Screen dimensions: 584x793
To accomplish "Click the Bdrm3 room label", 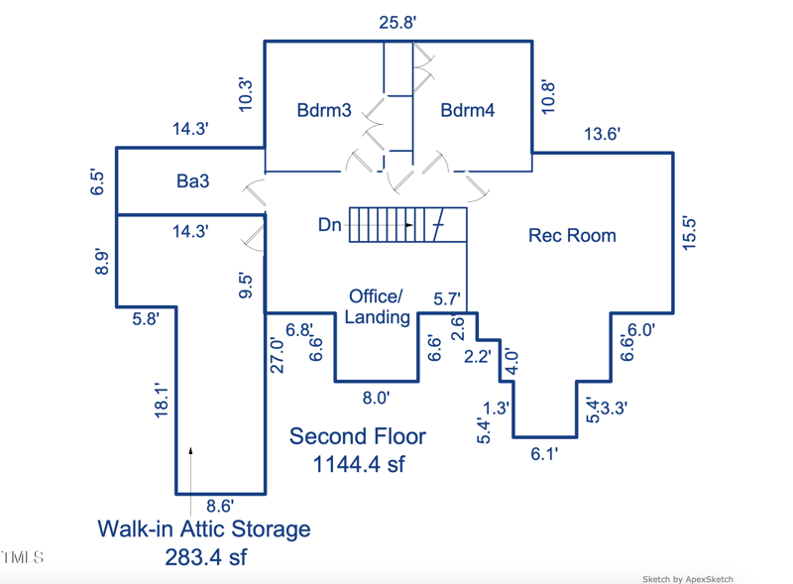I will point(324,110).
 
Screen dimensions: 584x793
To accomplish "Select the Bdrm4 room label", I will point(468,110).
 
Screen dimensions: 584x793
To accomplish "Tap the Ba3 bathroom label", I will point(193,181).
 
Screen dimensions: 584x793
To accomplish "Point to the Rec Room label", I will point(572,235).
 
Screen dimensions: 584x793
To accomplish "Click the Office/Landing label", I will point(377,306).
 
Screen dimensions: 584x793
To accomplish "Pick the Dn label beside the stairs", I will point(330,225).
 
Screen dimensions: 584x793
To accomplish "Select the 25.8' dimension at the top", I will point(398,22).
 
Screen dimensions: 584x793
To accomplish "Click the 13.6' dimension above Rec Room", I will point(601,135).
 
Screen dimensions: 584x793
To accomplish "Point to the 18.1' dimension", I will point(165,403).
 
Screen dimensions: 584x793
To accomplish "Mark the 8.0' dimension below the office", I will point(375,398).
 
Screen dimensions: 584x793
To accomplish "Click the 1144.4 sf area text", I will point(358,464).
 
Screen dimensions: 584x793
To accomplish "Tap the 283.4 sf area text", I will point(205,556).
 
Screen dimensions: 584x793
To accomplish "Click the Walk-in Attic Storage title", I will point(203,528).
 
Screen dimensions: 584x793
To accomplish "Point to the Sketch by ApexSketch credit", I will point(687,579).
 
